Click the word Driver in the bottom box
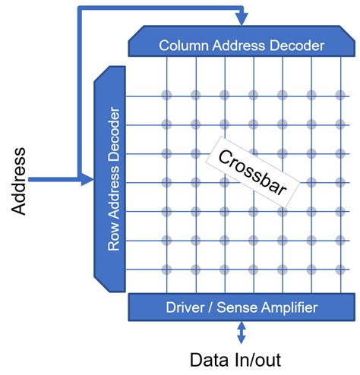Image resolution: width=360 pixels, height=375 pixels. (x=186, y=307)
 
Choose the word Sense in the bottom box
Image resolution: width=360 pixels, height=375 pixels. (x=236, y=307)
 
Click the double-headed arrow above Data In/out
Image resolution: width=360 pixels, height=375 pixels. (x=241, y=331)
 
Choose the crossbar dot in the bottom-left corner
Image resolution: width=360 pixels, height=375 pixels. (x=166, y=269)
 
